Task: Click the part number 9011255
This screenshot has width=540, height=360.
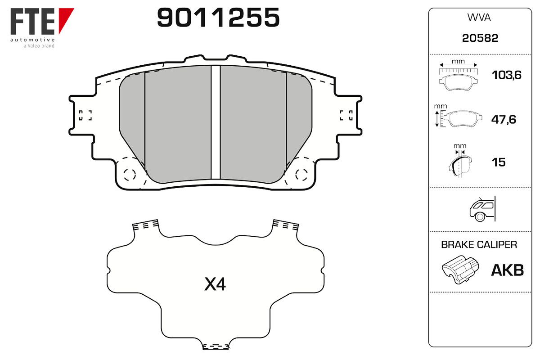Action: tap(218, 17)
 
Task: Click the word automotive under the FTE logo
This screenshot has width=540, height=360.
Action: tap(32, 40)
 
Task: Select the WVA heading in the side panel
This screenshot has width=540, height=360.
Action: tap(479, 18)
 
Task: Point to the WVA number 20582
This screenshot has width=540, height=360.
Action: tap(480, 38)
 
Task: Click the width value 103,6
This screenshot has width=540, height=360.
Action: tap(507, 75)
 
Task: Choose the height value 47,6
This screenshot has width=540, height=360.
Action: tap(504, 119)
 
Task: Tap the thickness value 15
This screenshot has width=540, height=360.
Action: tap(499, 162)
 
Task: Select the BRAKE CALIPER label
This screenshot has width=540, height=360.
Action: tap(479, 244)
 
